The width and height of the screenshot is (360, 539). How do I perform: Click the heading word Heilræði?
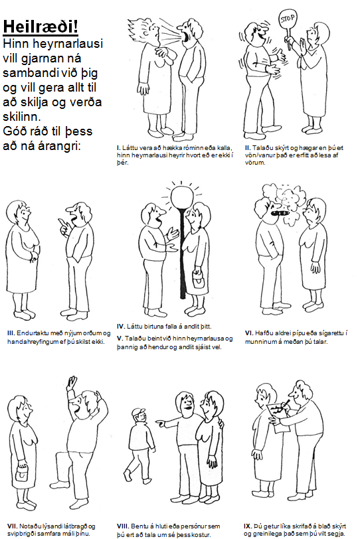41,27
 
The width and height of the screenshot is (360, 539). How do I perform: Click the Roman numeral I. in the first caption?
119,148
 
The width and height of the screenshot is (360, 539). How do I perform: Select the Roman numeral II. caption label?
248,148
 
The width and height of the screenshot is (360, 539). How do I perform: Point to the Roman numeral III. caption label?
11,333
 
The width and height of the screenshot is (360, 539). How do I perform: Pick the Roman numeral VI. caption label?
249,333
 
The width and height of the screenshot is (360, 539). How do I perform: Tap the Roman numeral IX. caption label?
248,526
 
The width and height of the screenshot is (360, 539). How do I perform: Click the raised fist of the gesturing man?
72,381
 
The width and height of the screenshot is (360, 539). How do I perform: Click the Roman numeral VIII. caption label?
122,526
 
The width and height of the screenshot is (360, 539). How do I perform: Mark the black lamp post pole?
183,253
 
